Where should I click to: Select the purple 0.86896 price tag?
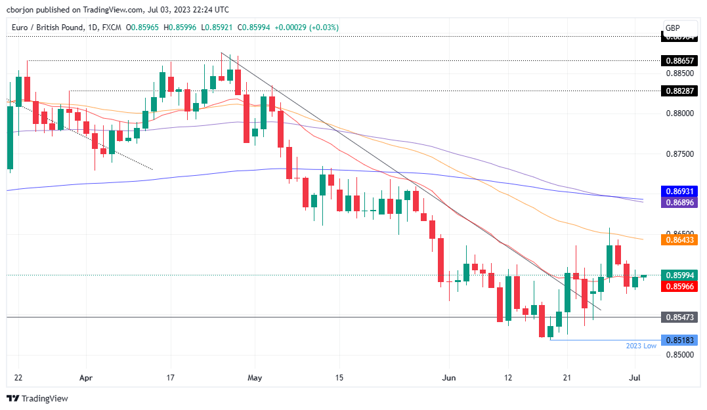tap(679, 203)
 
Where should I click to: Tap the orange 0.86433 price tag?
tap(679, 240)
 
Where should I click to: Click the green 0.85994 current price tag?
tap(679, 276)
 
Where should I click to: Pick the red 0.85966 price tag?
tap(679, 286)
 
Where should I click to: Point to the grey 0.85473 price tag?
tap(679, 317)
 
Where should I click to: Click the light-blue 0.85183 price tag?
tap(679, 340)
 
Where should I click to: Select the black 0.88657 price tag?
tap(679, 60)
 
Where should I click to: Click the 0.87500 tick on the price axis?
tap(679, 154)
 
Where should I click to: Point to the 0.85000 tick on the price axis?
tap(679, 355)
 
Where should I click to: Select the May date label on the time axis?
tap(255, 379)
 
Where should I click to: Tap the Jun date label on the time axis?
tap(449, 379)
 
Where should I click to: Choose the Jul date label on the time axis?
tap(635, 379)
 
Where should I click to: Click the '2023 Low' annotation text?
tap(641, 346)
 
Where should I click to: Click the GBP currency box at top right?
tap(672, 28)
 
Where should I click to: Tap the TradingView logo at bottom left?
tap(37, 398)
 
